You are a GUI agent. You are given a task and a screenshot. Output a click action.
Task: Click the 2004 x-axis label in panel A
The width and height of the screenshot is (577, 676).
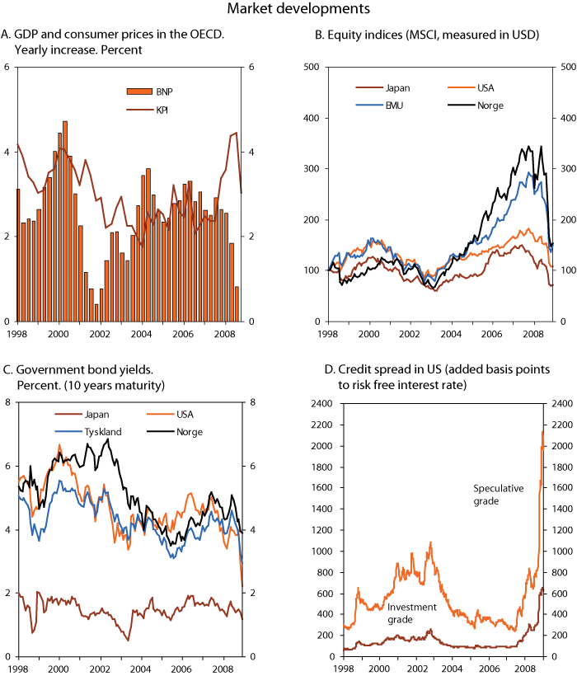[x=143, y=335]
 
